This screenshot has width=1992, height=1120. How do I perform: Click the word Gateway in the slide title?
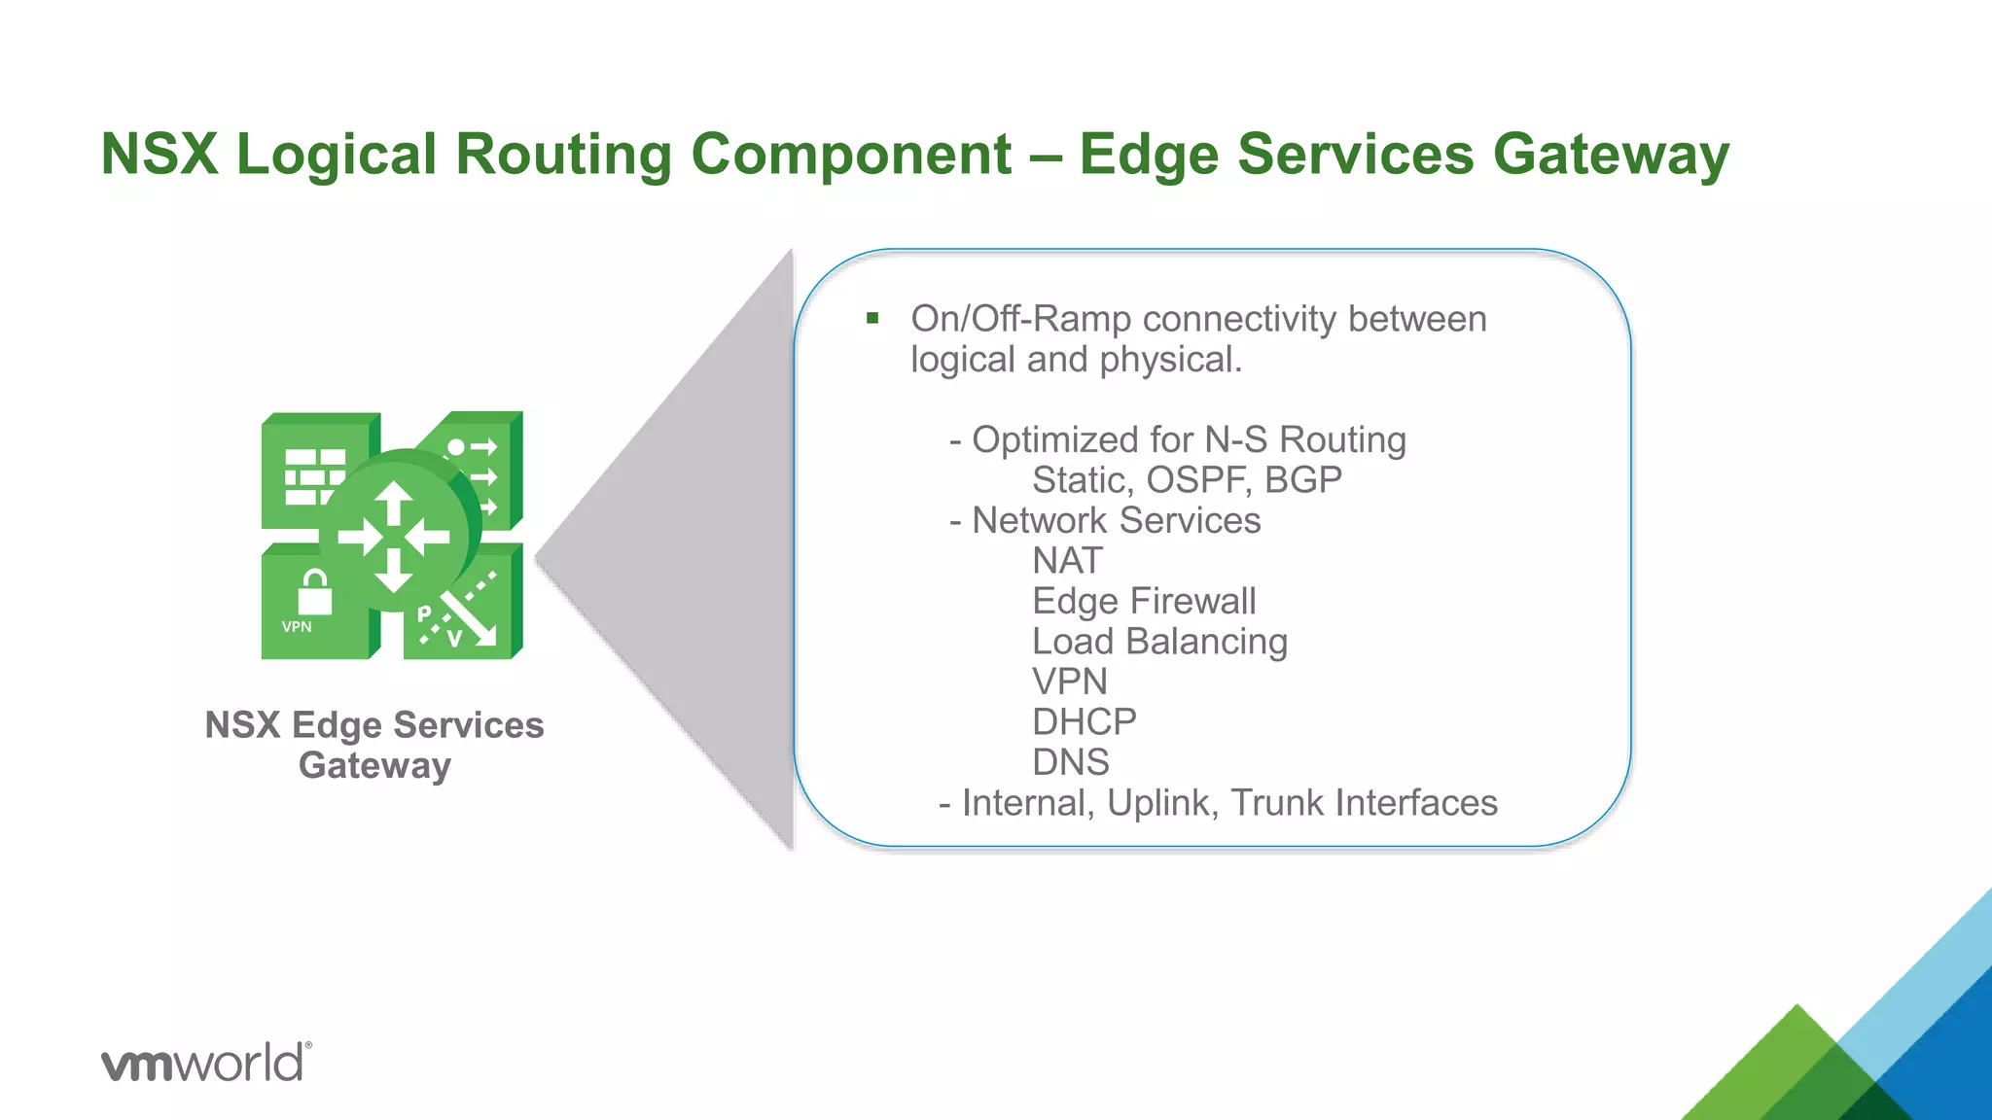click(x=1611, y=155)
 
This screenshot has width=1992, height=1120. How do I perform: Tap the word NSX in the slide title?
click(x=160, y=155)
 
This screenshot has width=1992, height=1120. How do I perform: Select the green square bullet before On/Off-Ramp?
click(x=872, y=318)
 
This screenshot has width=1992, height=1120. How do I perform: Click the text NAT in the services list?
click(x=1067, y=561)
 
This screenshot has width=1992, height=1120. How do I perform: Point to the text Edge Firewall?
click(x=1144, y=601)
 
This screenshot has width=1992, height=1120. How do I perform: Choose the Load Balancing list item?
click(x=1159, y=642)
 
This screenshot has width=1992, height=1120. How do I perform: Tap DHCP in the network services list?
click(x=1084, y=722)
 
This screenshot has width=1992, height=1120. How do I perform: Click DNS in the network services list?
click(x=1070, y=762)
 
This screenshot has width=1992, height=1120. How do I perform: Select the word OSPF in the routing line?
click(x=1195, y=480)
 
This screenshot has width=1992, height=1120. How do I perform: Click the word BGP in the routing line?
click(x=1303, y=480)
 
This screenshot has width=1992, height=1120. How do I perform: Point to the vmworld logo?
click(x=206, y=1062)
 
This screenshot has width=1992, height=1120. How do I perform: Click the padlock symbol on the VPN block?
click(x=314, y=592)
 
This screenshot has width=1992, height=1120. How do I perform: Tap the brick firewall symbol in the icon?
click(x=314, y=476)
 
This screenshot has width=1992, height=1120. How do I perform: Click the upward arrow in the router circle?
click(x=394, y=504)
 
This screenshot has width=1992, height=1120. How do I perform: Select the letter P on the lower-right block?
click(x=424, y=613)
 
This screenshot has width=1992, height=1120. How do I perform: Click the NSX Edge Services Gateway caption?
click(x=374, y=745)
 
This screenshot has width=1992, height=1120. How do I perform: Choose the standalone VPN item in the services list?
click(x=1069, y=682)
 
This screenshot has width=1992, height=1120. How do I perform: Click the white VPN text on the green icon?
click(x=297, y=627)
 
